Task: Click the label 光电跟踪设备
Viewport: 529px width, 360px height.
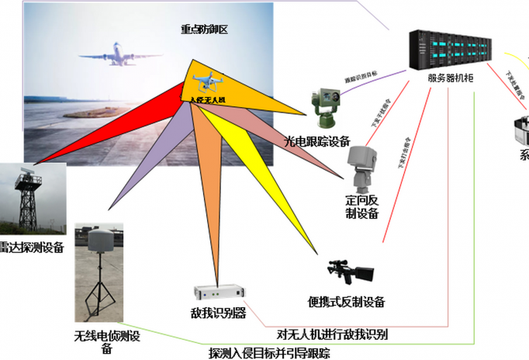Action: pos(317,141)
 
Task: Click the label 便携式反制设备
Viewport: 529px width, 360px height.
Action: pos(346,302)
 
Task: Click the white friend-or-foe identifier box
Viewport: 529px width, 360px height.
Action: pos(218,295)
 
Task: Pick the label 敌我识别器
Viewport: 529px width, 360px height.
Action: pos(219,313)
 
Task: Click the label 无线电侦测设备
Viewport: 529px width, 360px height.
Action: pos(107,341)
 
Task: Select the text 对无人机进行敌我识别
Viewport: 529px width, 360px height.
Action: pos(333,335)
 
